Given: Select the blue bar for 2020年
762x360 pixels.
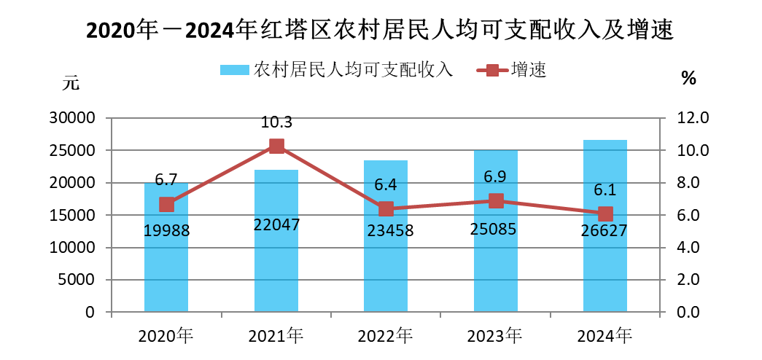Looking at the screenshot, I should [x=166, y=270].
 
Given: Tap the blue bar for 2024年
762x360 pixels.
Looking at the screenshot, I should [x=605, y=270].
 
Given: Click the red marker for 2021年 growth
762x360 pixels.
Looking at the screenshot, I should [x=276, y=146].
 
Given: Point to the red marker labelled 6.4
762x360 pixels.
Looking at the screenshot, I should [x=386, y=209].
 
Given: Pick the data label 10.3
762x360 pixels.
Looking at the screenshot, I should [x=276, y=122].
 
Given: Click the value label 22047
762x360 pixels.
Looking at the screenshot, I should [x=276, y=225].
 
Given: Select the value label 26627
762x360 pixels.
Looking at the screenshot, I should [x=605, y=230].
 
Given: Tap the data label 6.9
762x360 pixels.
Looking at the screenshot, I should [x=496, y=177].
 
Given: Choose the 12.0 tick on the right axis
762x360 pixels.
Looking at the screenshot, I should [x=685, y=118].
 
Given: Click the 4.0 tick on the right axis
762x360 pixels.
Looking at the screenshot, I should [x=685, y=248].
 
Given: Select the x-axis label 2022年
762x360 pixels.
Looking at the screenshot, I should [x=386, y=336].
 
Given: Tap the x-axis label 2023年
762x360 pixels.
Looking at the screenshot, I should [x=496, y=336].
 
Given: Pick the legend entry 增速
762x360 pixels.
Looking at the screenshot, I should [x=529, y=70].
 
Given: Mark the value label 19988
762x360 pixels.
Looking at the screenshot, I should [x=166, y=230].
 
